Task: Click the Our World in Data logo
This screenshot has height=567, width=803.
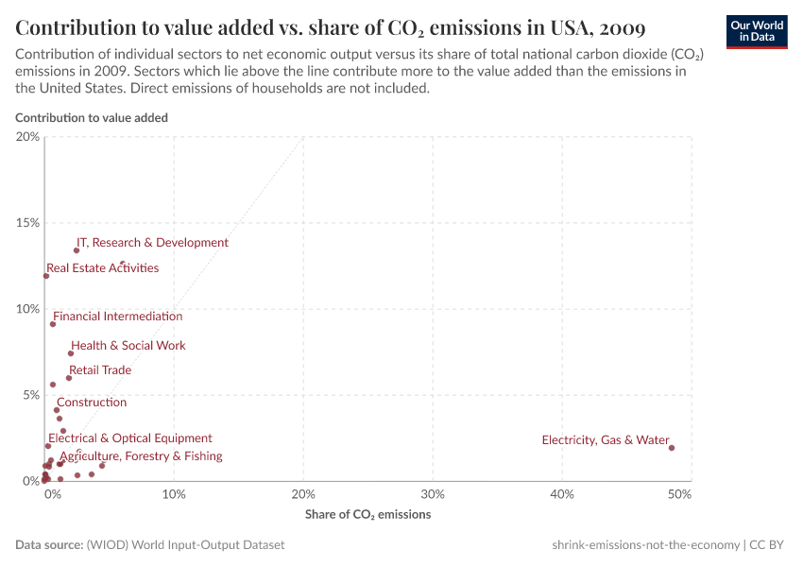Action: pyautogui.click(x=757, y=31)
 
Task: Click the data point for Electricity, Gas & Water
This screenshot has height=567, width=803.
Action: pyautogui.click(x=672, y=448)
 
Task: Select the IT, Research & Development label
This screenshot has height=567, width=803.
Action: pyautogui.click(x=152, y=243)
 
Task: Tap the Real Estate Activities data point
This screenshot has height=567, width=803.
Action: pyautogui.click(x=45, y=276)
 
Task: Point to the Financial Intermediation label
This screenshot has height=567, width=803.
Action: pyautogui.click(x=117, y=317)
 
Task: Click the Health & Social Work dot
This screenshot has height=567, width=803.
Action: pyautogui.click(x=71, y=353)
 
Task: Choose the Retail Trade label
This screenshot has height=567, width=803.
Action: pyautogui.click(x=100, y=370)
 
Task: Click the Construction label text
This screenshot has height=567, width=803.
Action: pyautogui.click(x=92, y=403)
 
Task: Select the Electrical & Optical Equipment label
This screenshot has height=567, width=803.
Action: pyautogui.click(x=130, y=438)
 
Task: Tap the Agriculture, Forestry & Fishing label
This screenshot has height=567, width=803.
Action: pyautogui.click(x=141, y=456)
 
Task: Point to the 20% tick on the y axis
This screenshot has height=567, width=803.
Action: pyautogui.click(x=28, y=137)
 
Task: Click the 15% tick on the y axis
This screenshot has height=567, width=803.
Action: pyautogui.click(x=28, y=223)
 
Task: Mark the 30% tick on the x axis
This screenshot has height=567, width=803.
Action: pyautogui.click(x=432, y=494)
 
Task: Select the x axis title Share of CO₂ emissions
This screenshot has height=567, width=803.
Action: pyautogui.click(x=367, y=515)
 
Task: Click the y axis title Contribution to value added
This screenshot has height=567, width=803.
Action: pyautogui.click(x=92, y=118)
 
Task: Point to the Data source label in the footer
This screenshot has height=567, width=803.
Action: pyautogui.click(x=48, y=545)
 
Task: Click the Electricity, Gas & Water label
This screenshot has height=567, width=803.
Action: pyautogui.click(x=605, y=440)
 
